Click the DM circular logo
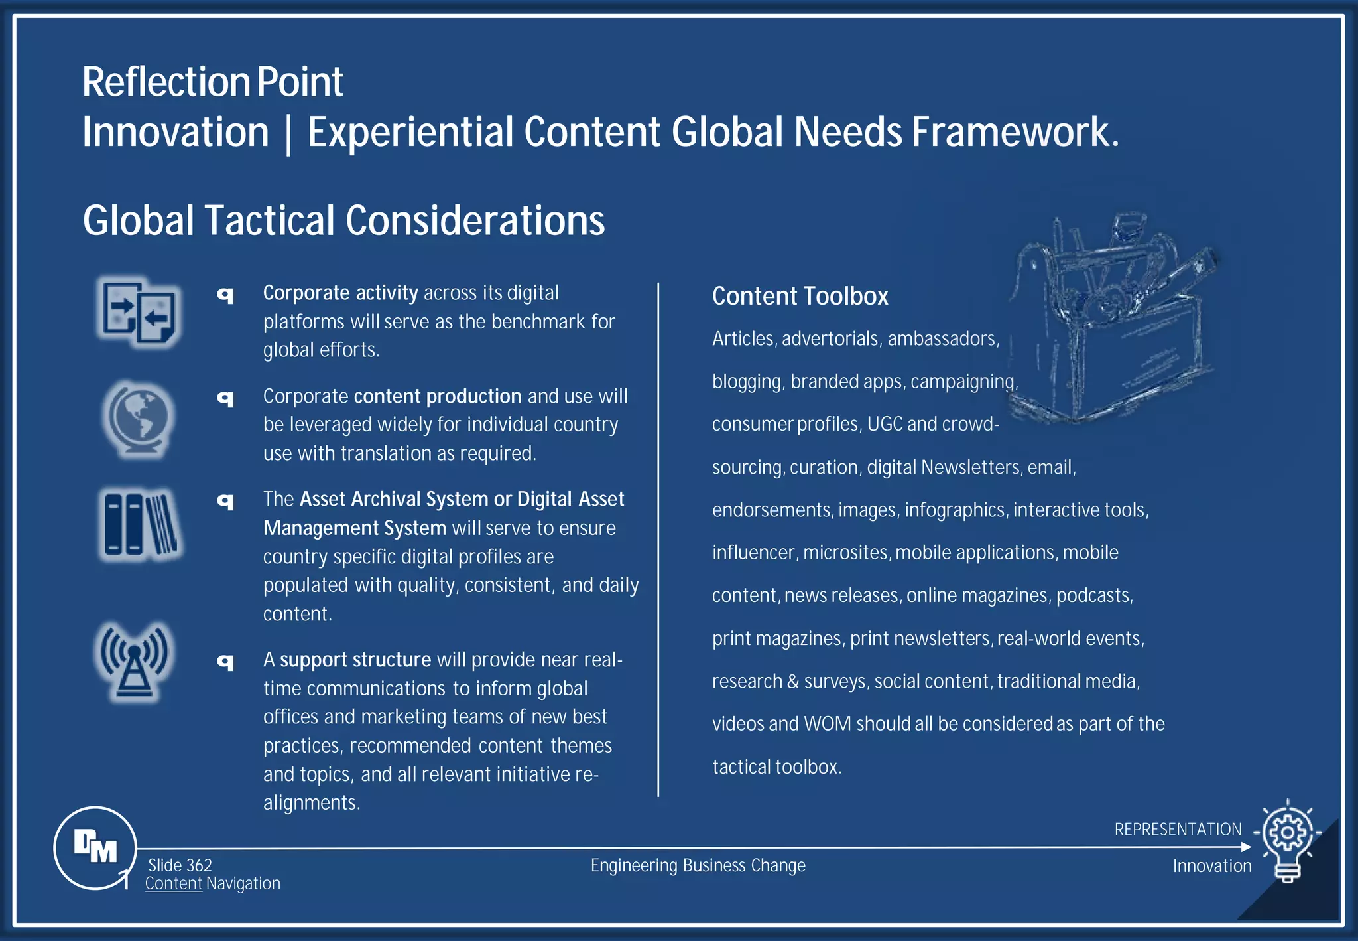[x=95, y=847]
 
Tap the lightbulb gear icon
[x=1287, y=840]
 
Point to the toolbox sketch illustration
[x=1114, y=319]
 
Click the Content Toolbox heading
[x=800, y=296]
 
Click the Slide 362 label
[x=180, y=865]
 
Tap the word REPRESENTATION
[x=1178, y=830]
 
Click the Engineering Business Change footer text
[x=698, y=866]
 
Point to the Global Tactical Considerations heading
[x=343, y=220]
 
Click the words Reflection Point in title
[x=212, y=82]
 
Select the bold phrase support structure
[x=355, y=660]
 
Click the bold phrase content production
[x=438, y=396]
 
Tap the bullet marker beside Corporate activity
[x=226, y=295]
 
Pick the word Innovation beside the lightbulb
[x=1211, y=866]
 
